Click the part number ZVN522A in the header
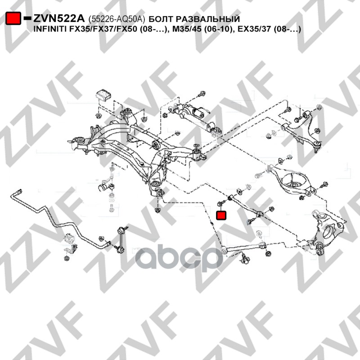58,18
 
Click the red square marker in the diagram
221,216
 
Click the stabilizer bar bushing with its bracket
71,238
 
